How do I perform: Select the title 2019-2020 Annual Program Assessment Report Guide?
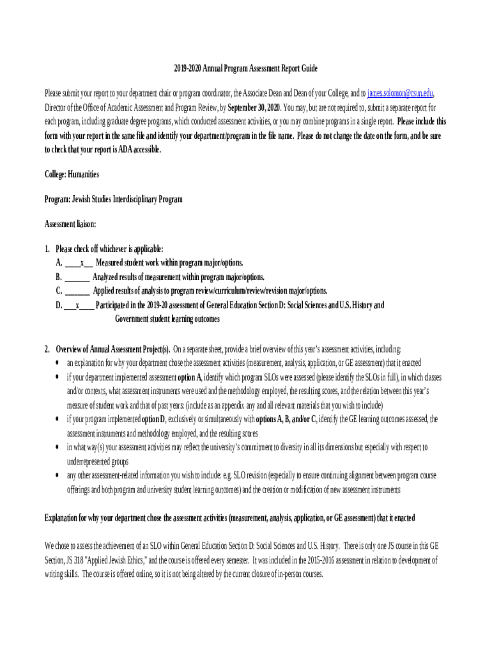245,68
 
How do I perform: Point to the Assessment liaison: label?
70,224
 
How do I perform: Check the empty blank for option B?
77,277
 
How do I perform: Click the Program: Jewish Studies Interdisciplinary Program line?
113,199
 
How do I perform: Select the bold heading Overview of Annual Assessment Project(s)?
112,349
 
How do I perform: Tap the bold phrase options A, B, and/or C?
286,419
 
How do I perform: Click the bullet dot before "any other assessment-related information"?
58,475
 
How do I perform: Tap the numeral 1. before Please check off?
47,249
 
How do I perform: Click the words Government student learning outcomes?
167,319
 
